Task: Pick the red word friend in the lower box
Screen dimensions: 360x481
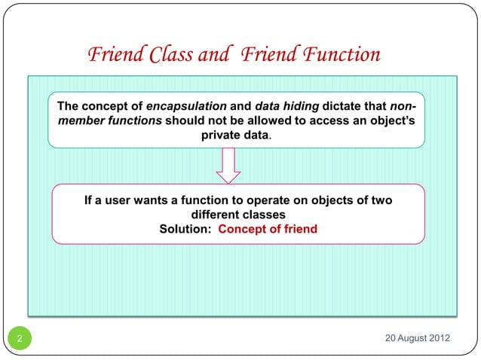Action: (x=300, y=229)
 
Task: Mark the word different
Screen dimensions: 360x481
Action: (x=219, y=215)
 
